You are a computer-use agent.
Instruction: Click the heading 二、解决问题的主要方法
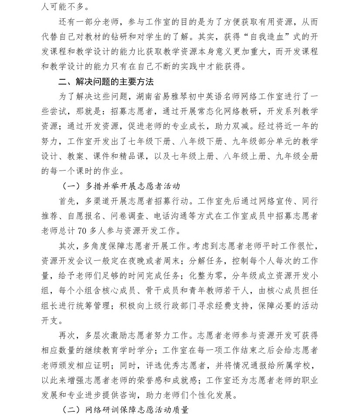pyautogui.click(x=106, y=82)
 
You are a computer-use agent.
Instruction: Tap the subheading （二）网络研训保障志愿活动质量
pyautogui.click(x=126, y=410)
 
